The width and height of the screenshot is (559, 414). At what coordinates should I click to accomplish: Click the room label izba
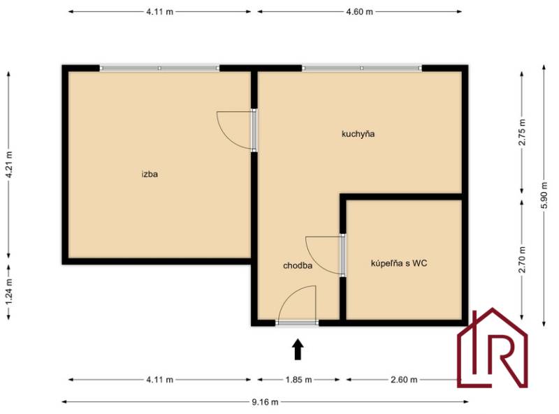(x=150, y=175)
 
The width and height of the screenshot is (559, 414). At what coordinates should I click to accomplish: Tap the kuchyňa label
(x=358, y=134)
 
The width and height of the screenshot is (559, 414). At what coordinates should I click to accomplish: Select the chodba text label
(x=298, y=265)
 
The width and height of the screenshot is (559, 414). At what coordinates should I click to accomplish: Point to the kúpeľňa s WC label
(x=399, y=263)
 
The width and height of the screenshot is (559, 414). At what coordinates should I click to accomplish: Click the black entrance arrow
(x=298, y=349)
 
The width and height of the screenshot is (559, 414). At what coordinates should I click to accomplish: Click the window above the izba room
(x=159, y=68)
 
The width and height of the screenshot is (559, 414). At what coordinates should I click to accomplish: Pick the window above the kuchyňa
(x=362, y=68)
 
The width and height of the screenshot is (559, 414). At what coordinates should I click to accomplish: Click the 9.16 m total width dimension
(x=266, y=402)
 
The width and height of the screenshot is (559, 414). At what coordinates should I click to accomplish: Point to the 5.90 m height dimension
(x=544, y=195)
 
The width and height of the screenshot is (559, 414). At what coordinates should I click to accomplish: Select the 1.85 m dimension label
(x=298, y=380)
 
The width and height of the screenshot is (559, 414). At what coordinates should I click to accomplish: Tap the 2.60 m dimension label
(x=404, y=380)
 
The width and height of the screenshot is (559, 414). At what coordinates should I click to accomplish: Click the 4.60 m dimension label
(x=359, y=12)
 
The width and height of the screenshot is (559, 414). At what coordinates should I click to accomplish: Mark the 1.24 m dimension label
(x=9, y=291)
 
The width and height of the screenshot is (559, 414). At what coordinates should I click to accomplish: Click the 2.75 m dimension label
(x=522, y=132)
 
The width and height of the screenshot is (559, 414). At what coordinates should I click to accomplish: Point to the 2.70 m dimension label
(x=522, y=260)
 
